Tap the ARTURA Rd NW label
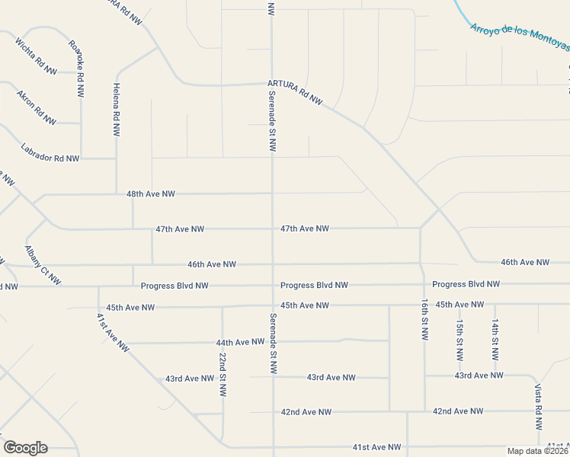295,92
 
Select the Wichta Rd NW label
36,55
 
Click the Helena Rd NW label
117,110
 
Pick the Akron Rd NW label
37,107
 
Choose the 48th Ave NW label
151,194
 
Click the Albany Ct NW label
43,265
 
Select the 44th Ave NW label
239,343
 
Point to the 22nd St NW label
222,375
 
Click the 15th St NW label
460,340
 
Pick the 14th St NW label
495,340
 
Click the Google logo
25,448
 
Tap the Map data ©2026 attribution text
537,451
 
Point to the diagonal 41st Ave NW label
113,332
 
